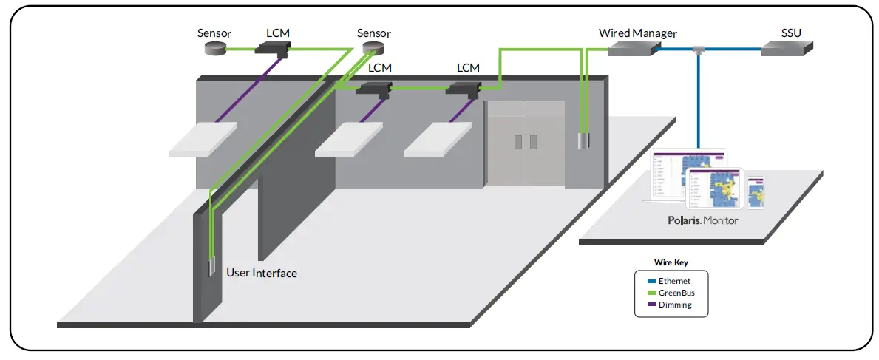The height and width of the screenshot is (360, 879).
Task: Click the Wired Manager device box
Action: pyautogui.click(x=633, y=48)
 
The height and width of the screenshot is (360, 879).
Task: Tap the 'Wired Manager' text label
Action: pyautogui.click(x=637, y=33)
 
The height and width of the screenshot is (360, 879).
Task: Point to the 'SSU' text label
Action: pyautogui.click(x=791, y=33)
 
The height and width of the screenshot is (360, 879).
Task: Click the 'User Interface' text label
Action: pyautogui.click(x=262, y=274)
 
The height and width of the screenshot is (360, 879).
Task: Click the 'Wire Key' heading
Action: pyautogui.click(x=671, y=262)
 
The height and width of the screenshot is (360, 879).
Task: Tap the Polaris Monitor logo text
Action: pyautogui.click(x=701, y=220)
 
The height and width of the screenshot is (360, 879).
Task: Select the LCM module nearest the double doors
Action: pyautogui.click(x=464, y=89)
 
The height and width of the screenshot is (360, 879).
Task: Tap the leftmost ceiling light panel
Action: pyautogui.click(x=203, y=139)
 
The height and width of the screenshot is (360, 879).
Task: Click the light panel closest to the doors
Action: pyautogui.click(x=438, y=139)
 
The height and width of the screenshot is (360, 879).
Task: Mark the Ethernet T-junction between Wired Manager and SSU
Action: pyautogui.click(x=698, y=50)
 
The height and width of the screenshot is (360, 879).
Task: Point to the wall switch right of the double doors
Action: pyautogui.click(x=584, y=140)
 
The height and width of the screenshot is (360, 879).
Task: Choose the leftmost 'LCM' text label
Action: pyautogui.click(x=278, y=33)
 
